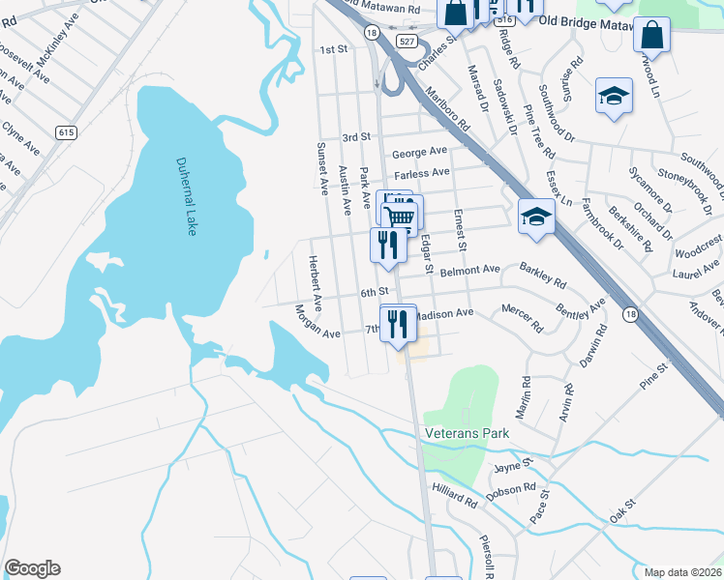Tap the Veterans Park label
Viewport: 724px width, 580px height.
(467, 434)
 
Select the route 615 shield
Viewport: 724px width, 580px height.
(66, 132)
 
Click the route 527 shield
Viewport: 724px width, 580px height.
(407, 41)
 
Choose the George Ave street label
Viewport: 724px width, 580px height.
(419, 152)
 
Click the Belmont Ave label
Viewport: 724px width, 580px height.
(469, 270)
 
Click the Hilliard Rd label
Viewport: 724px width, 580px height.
(455, 498)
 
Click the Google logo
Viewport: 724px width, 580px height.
(32, 568)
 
